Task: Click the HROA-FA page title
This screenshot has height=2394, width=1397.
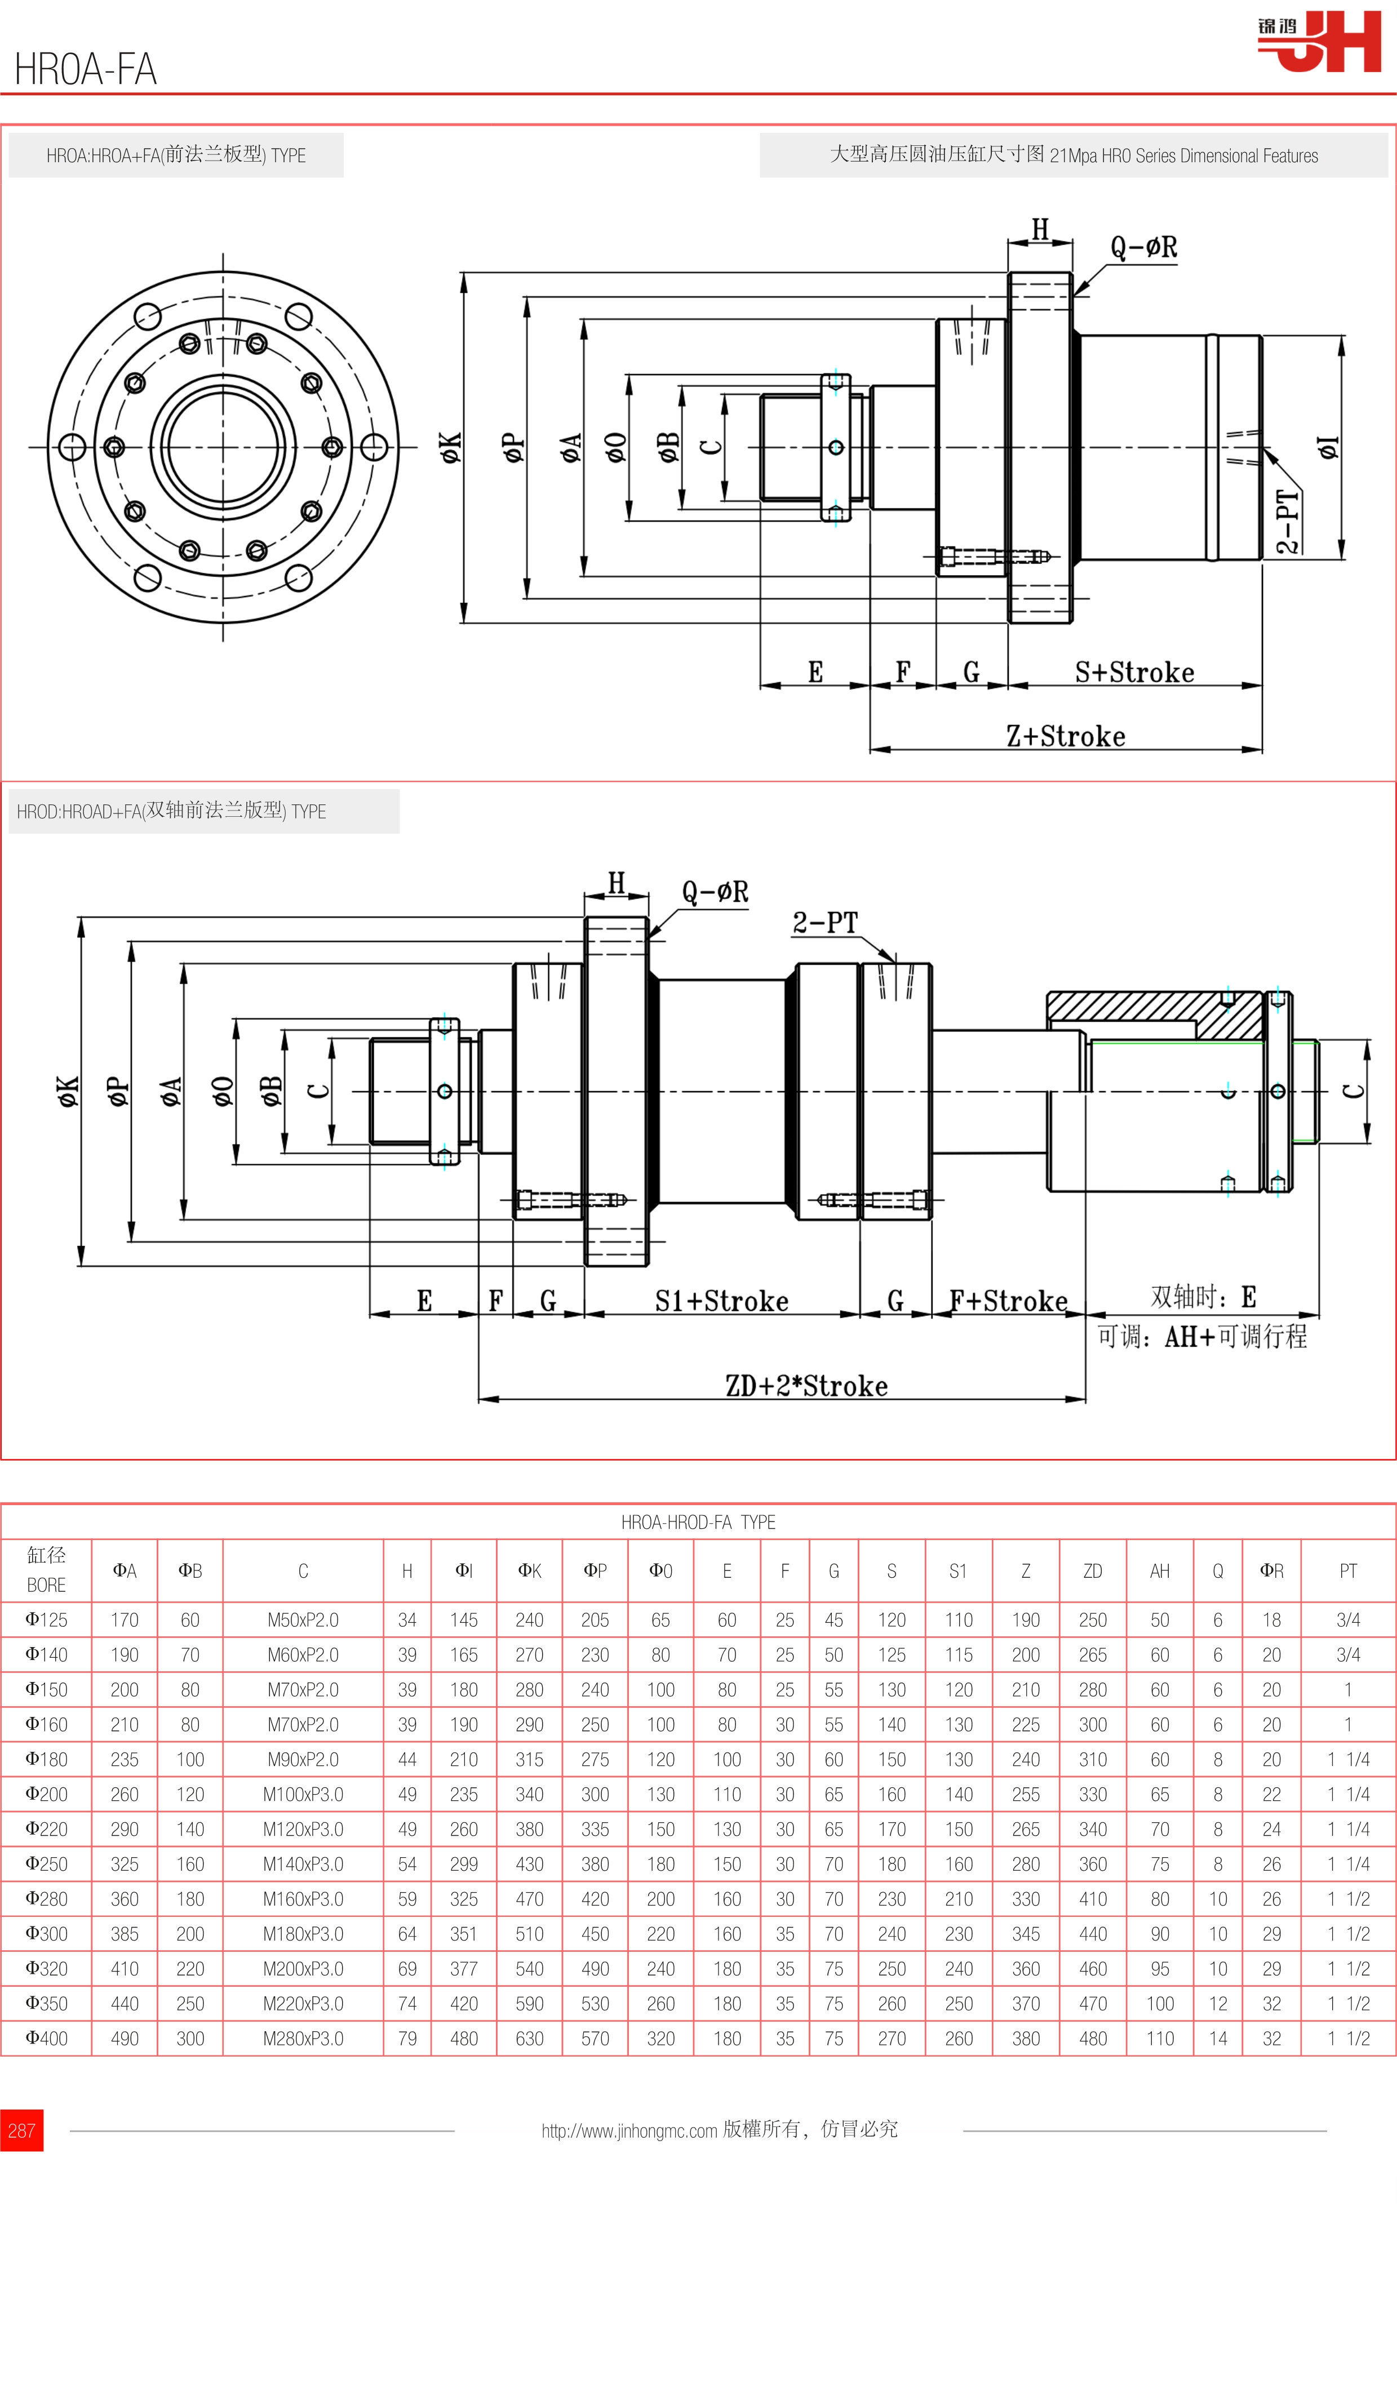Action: click(x=86, y=69)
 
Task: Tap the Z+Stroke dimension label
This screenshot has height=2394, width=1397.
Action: click(x=1065, y=736)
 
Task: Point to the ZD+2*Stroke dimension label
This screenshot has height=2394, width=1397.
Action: click(x=806, y=1386)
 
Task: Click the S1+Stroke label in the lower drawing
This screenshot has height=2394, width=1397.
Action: click(x=721, y=1302)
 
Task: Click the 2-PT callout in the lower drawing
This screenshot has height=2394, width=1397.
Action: click(x=825, y=923)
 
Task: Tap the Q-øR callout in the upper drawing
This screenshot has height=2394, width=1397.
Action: click(x=1143, y=248)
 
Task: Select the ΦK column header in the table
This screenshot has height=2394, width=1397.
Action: click(x=529, y=1571)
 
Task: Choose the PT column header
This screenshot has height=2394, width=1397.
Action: click(x=1347, y=1571)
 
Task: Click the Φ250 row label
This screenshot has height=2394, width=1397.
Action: click(x=47, y=1864)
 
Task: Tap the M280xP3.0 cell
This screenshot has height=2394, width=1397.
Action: click(x=303, y=2039)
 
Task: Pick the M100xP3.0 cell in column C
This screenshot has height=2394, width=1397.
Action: click(x=303, y=1795)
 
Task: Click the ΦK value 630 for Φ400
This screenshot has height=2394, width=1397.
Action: click(x=529, y=2039)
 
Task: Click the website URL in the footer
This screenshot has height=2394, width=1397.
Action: click(x=629, y=2131)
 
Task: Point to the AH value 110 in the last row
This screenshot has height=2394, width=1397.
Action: click(x=1159, y=2039)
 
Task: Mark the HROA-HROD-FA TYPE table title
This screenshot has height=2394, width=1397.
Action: click(x=699, y=1523)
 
